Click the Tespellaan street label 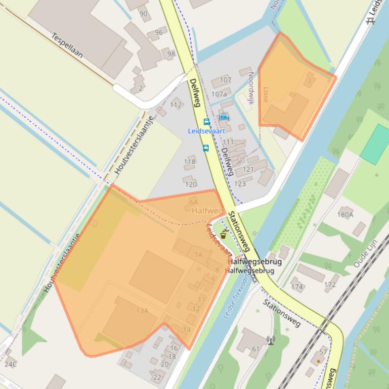pyautogui.click(x=67, y=45)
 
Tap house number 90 pyautogui.click(x=144, y=14)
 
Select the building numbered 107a pyautogui.click(x=219, y=94)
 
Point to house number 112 pyautogui.click(x=176, y=105)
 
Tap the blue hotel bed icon pyautogui.click(x=224, y=118)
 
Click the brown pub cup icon pyautogui.click(x=223, y=234)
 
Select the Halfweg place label pyautogui.click(x=207, y=211)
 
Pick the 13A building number pyautogui.click(x=143, y=310)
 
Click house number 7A pyautogui.click(x=198, y=255)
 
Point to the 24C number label pyautogui.click(x=11, y=364)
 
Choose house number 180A pyautogui.click(x=345, y=214)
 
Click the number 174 pyautogui.click(x=297, y=287)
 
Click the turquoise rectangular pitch pyautogui.click(x=375, y=144)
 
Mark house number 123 pyautogui.click(x=240, y=183)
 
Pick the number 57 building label pyautogui.click(x=323, y=352)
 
